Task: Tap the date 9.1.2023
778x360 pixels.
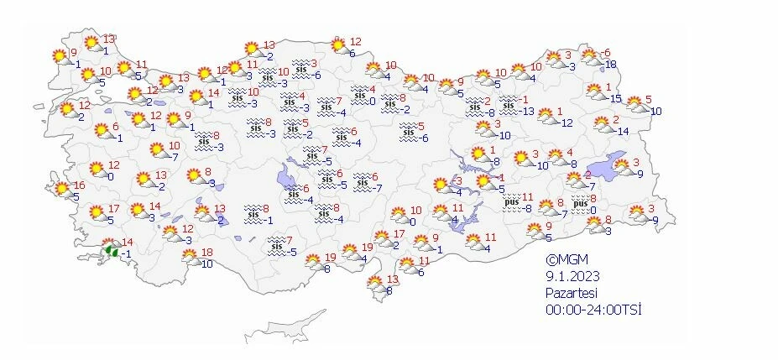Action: [571, 277]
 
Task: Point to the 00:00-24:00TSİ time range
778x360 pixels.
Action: [593, 310]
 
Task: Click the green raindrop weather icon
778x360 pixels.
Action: [109, 250]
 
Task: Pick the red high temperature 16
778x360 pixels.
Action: [80, 185]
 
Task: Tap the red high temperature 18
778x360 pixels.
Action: [206, 253]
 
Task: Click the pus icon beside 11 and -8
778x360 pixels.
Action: [511, 202]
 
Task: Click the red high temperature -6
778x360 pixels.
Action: [606, 54]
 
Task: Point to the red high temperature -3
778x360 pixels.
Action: [458, 180]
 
